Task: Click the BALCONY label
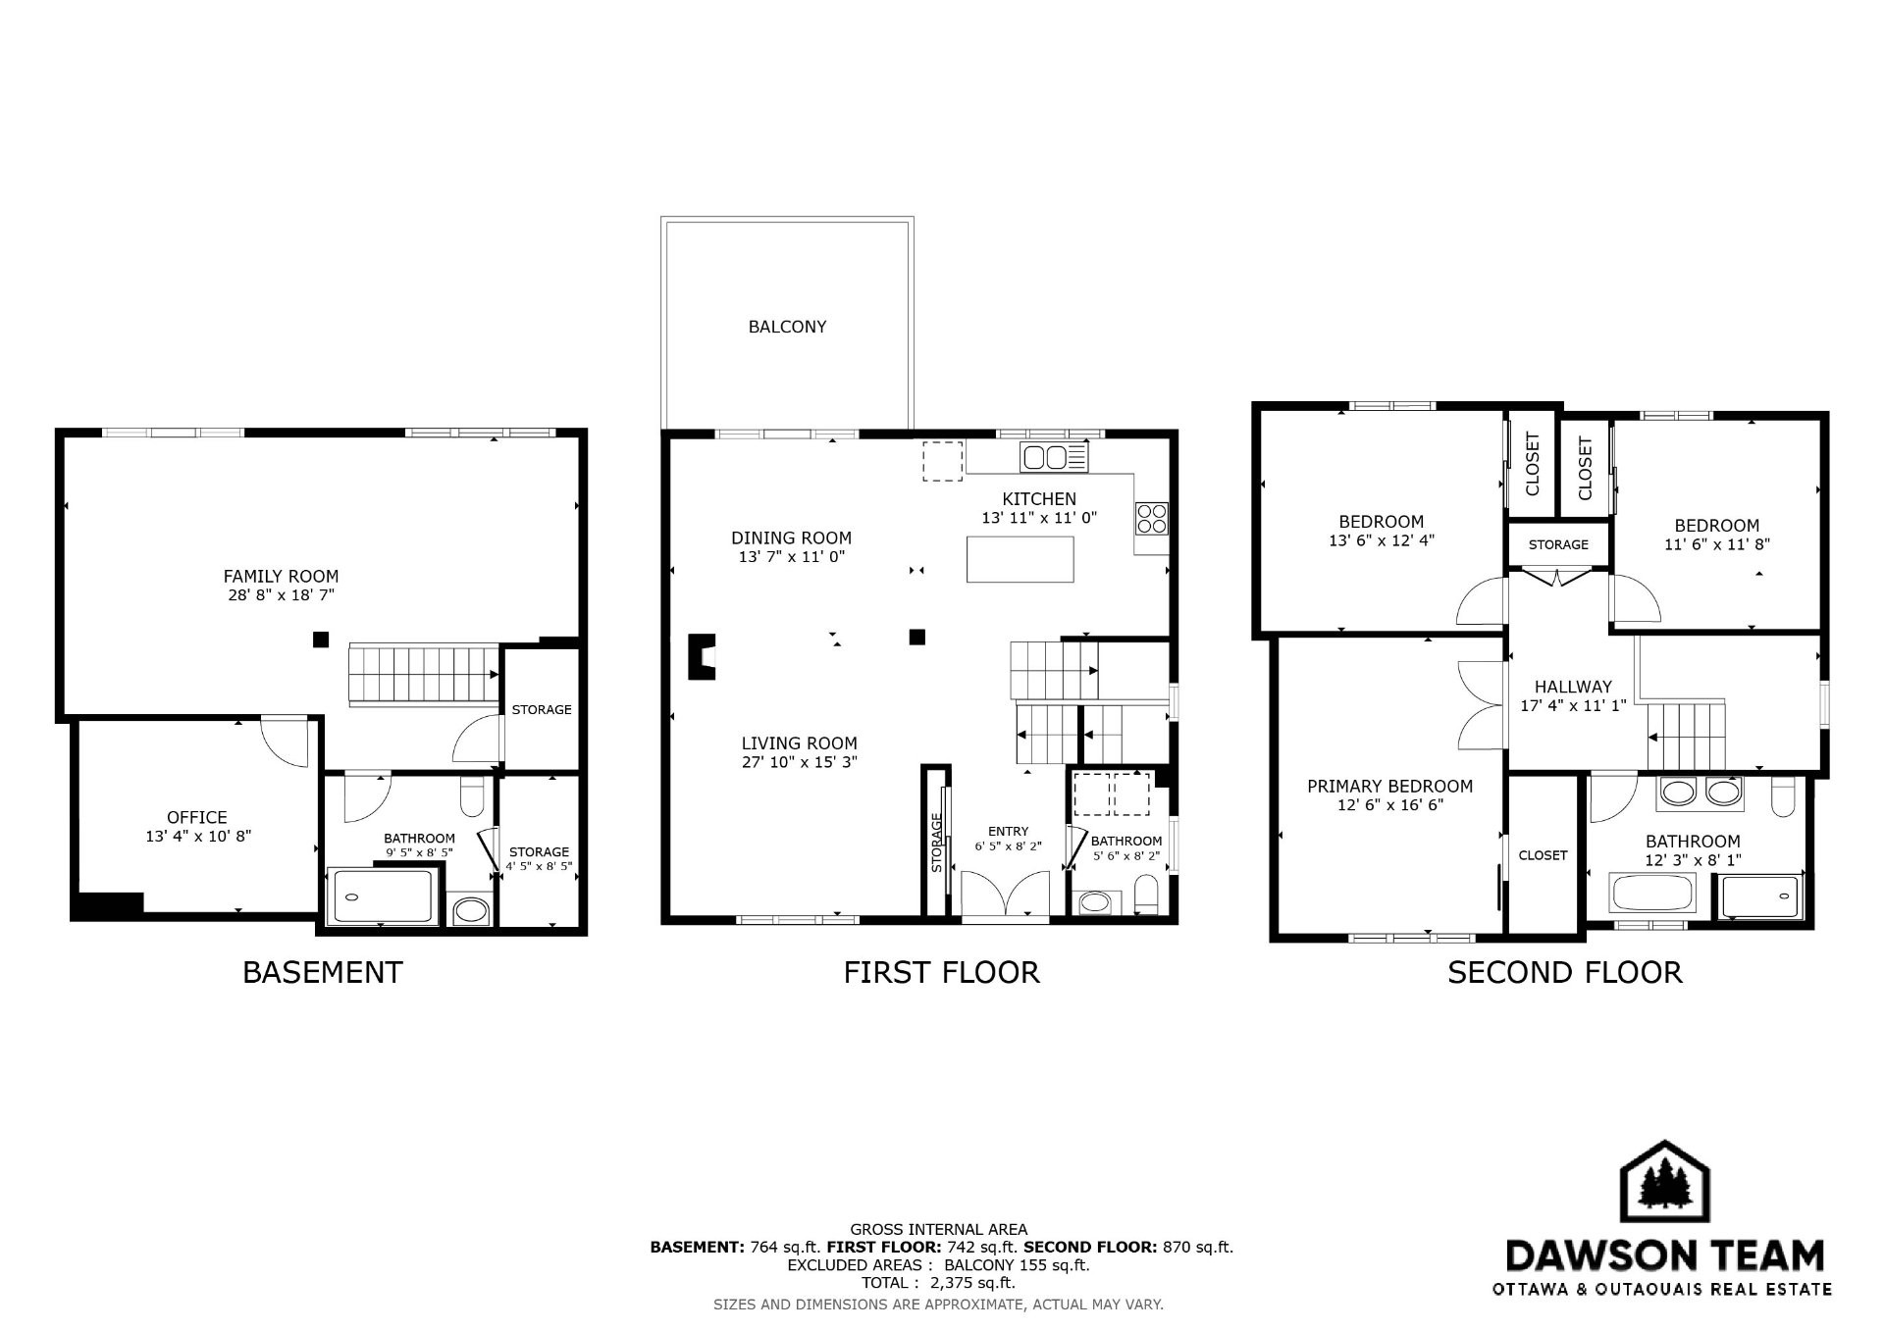(787, 327)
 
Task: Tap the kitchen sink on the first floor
(1055, 457)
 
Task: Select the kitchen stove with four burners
(1152, 518)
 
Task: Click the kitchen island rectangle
(1020, 559)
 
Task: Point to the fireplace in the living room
(701, 657)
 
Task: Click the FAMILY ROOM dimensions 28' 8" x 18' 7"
(281, 595)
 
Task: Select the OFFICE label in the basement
(197, 817)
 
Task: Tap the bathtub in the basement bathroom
(383, 896)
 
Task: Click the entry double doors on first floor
(1006, 895)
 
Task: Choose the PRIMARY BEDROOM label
(1389, 787)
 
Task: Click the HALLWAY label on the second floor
(1573, 687)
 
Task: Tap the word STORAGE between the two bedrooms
(1558, 544)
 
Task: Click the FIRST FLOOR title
(941, 972)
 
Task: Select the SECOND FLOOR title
(1565, 972)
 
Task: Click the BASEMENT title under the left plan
(323, 972)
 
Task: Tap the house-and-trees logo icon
(1664, 1182)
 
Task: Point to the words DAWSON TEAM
(1664, 1255)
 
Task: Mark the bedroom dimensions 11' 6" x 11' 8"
(1717, 544)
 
